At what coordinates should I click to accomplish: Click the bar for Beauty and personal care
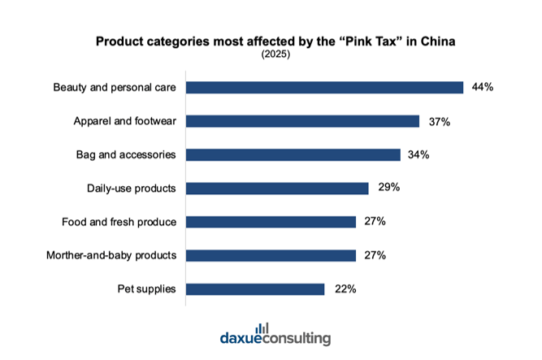click(x=324, y=87)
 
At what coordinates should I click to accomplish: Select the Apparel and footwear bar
click(x=303, y=121)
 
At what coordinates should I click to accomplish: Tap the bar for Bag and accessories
click(x=293, y=154)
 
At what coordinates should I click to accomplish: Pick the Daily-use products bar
click(x=277, y=189)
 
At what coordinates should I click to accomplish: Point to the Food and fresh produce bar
click(x=271, y=222)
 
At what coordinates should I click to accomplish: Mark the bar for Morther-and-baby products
click(x=271, y=255)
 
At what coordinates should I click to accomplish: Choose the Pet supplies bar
click(x=255, y=289)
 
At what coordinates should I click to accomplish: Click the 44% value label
click(x=482, y=87)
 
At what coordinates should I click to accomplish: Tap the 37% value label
click(x=439, y=121)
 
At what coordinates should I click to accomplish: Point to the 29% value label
click(x=388, y=189)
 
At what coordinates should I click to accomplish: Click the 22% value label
click(x=344, y=289)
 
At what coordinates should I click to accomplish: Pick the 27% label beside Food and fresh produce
click(x=375, y=222)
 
